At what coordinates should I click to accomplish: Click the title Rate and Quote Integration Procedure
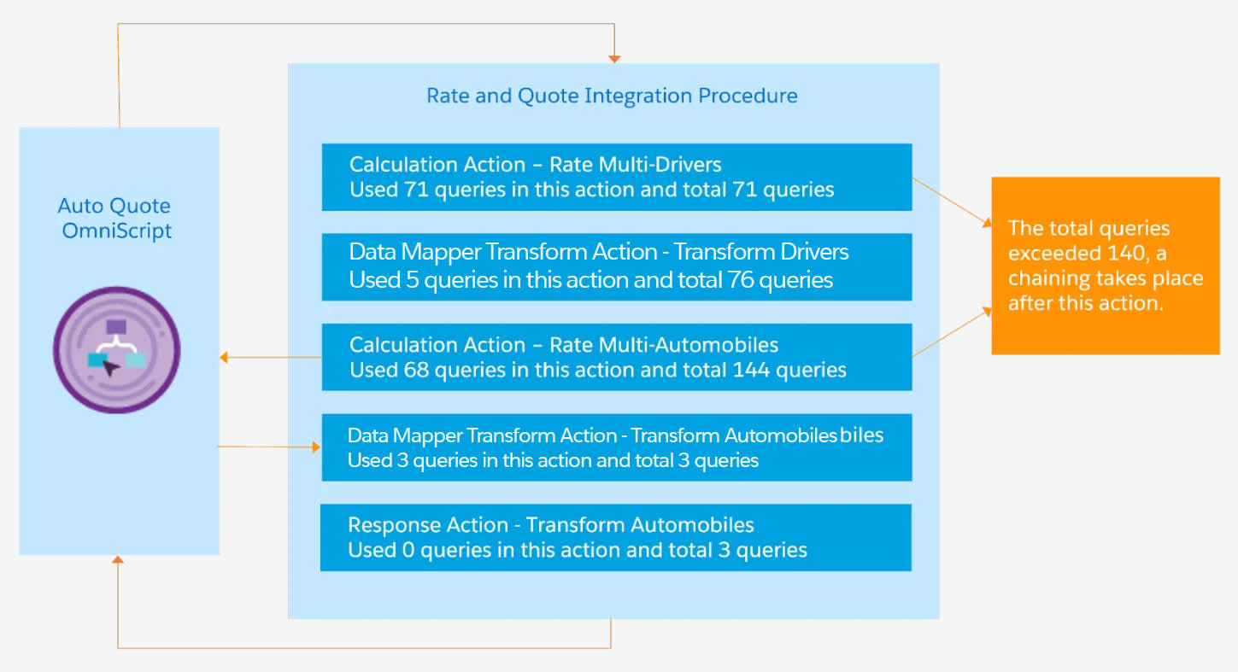[612, 96]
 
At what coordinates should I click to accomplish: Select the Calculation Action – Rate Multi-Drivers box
[616, 177]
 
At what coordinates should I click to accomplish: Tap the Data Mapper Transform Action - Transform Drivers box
[616, 266]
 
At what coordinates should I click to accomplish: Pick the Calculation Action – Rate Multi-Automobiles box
[616, 357]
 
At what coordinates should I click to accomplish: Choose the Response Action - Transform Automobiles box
[615, 537]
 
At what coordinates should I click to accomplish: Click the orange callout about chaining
[1105, 266]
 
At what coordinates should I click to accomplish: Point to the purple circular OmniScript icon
[117, 350]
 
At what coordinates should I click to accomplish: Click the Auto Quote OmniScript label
[114, 218]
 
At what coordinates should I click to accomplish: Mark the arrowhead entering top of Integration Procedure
[613, 58]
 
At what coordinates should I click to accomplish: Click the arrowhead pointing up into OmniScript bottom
[118, 560]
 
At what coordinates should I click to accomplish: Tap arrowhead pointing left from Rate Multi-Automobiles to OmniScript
[224, 358]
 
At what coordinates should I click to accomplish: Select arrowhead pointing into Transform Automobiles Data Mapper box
[316, 447]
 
